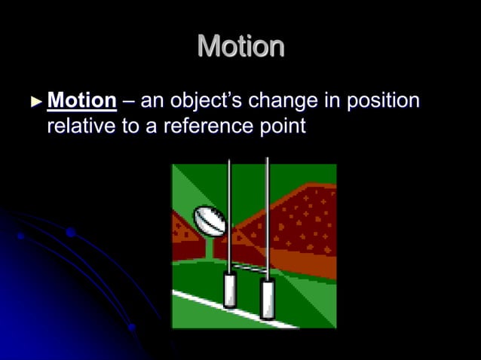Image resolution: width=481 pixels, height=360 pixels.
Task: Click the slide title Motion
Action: click(240, 47)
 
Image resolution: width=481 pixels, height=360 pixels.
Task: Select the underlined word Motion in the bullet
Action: click(81, 101)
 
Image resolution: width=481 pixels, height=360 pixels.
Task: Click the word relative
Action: click(81, 126)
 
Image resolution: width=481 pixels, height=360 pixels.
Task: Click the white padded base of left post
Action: click(230, 291)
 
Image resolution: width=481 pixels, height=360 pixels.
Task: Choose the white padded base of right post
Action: click(267, 297)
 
